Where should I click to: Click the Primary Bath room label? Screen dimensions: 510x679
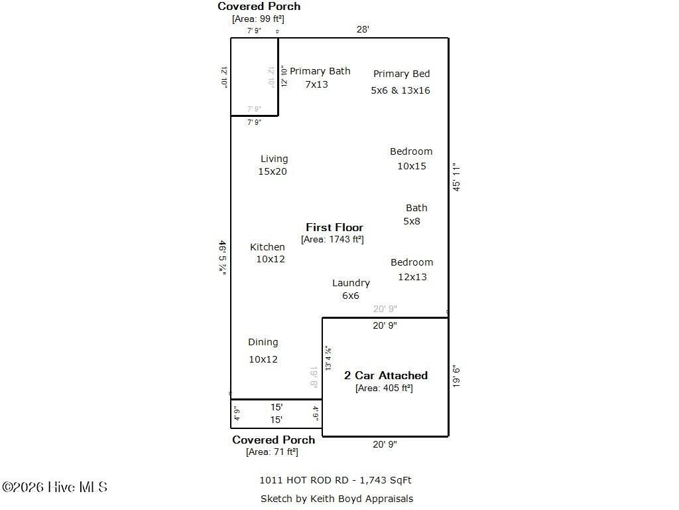(320, 71)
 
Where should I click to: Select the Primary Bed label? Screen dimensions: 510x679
(401, 74)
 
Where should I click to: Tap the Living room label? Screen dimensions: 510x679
(274, 159)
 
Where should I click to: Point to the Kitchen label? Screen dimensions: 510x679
(267, 247)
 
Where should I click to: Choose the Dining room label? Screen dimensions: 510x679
(263, 342)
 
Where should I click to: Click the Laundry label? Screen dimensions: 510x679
(351, 283)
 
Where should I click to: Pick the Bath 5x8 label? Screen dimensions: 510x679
(416, 209)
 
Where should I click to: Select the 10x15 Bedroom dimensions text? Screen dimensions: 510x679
(412, 166)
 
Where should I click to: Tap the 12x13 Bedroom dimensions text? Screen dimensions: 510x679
(412, 277)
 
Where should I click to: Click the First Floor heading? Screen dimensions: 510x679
(334, 227)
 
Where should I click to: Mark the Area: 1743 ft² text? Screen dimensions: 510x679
(332, 240)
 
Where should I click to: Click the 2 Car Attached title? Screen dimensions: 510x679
(385, 375)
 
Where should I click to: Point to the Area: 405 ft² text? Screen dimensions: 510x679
(384, 388)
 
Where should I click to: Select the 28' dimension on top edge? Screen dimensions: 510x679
(362, 29)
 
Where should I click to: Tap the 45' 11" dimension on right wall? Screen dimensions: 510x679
(456, 177)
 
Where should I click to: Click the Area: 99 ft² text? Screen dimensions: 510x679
(258, 19)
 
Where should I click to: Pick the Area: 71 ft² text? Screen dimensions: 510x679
(272, 452)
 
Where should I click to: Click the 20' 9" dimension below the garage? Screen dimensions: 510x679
(385, 445)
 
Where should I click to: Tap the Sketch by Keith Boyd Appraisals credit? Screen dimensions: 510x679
(336, 499)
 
